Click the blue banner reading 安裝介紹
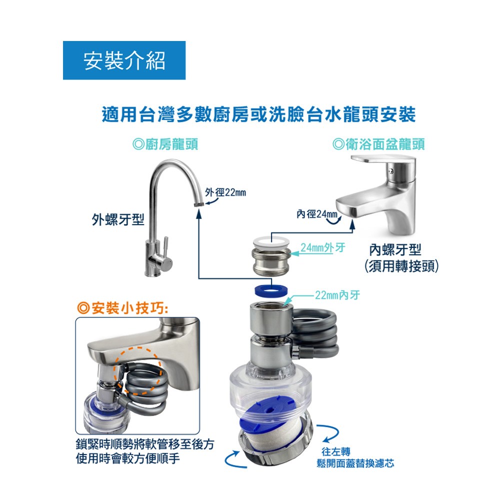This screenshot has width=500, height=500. [x=124, y=60]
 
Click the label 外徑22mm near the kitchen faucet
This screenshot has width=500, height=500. [x=225, y=192]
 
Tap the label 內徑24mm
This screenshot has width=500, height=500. [x=317, y=214]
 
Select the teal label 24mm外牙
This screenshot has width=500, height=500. [x=322, y=247]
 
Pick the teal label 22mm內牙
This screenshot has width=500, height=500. [x=337, y=295]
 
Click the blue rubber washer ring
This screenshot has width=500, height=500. [x=271, y=291]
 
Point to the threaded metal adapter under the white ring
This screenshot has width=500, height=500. [x=271, y=261]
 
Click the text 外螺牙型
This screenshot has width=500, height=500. [x=118, y=219]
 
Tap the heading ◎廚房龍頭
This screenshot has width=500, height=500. [x=165, y=144]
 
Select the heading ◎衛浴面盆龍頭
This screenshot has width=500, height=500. [x=378, y=144]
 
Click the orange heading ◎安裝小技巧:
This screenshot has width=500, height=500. [x=122, y=308]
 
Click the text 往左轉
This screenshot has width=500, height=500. [x=336, y=451]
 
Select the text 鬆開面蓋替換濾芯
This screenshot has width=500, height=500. [x=355, y=463]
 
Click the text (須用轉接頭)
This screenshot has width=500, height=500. [x=401, y=266]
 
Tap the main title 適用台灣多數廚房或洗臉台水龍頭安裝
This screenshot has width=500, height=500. [x=258, y=114]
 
